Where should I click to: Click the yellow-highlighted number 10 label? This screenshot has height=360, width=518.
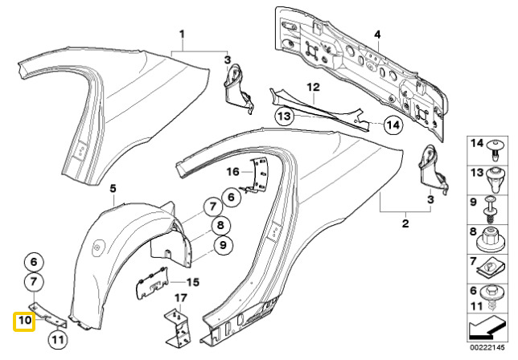[x=24, y=321]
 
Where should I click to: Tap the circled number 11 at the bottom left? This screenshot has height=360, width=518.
[x=58, y=339]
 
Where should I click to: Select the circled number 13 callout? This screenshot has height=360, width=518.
[x=285, y=117]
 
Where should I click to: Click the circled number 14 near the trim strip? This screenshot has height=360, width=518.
[x=393, y=125]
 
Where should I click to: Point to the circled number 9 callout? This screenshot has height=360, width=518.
[x=223, y=245]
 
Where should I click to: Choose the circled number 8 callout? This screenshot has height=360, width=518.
[x=220, y=226]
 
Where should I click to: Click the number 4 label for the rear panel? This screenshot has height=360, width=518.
[x=377, y=35]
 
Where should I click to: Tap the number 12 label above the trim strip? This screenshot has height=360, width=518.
[x=313, y=88]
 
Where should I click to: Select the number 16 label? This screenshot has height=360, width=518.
[x=233, y=172]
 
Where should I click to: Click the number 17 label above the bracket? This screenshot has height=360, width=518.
[x=180, y=298]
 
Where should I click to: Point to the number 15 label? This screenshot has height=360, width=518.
[x=193, y=282]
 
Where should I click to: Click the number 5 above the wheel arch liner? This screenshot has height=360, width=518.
[x=113, y=189]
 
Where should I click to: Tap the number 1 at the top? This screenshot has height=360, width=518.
[x=182, y=34]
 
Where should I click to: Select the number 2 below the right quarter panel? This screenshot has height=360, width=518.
[x=405, y=223]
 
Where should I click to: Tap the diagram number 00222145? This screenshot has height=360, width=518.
[x=487, y=347]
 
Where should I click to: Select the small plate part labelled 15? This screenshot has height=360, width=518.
[x=151, y=283]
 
